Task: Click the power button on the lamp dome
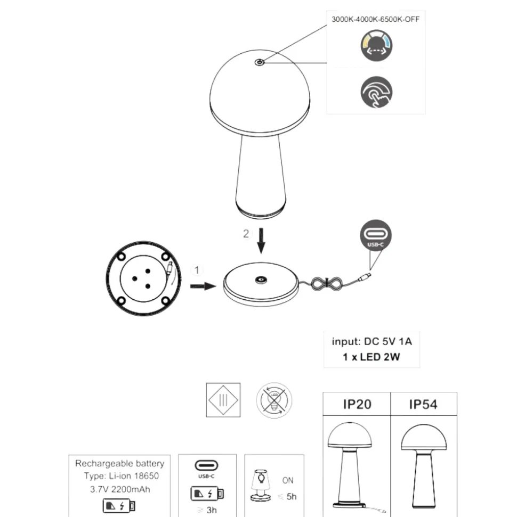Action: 260,62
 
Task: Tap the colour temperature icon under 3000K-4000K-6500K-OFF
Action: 376,45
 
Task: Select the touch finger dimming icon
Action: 376,92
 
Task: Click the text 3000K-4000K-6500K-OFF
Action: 375,19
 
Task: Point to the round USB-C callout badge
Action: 376,235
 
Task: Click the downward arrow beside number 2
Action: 261,241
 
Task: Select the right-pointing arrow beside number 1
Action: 203,286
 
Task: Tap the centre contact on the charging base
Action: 261,280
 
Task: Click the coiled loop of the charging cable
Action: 327,284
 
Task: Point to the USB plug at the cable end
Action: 365,276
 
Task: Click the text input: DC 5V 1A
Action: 371,341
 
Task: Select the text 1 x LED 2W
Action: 371,357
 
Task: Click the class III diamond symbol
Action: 223,400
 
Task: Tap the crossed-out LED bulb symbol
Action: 274,400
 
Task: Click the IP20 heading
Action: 357,404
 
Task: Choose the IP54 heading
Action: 423,404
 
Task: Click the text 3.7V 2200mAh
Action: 120,489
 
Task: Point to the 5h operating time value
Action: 292,497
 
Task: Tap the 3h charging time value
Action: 212,510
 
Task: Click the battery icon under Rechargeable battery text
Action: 119,506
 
